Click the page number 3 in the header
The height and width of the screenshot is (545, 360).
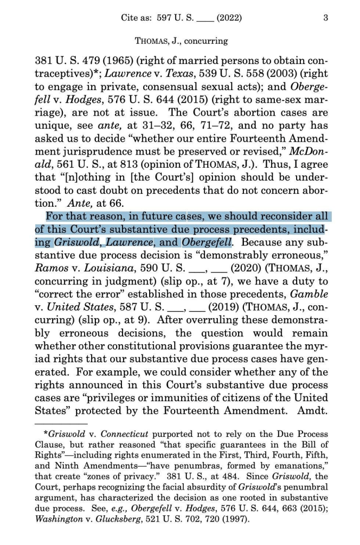pyautogui.click(x=325, y=18)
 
